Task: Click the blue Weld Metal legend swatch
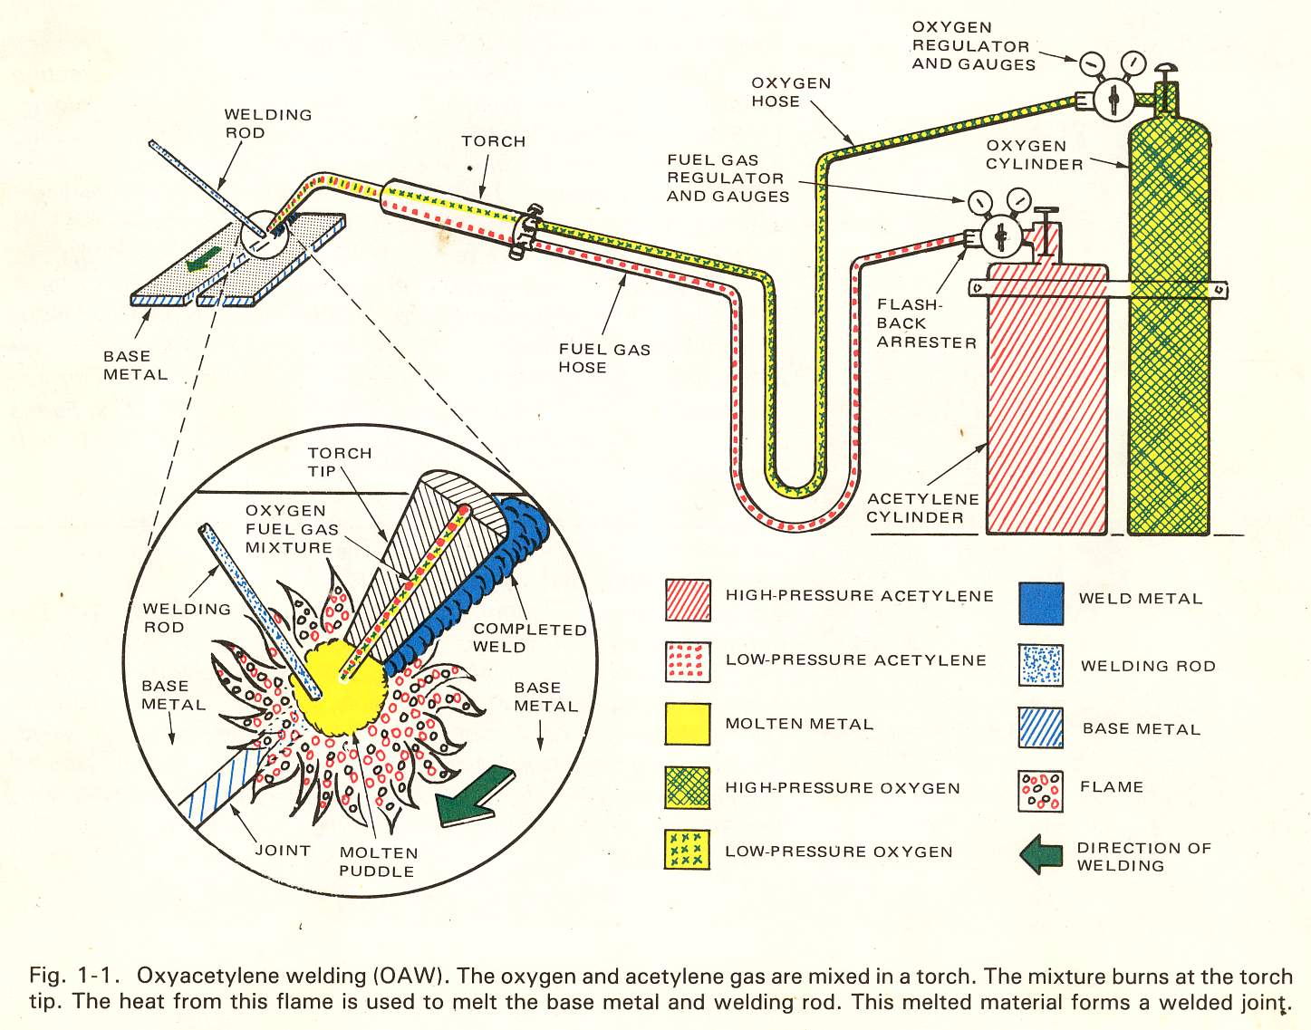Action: click(x=1041, y=603)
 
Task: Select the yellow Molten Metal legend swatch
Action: click(x=688, y=724)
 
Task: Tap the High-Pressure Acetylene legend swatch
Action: click(x=688, y=601)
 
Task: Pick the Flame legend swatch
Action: click(x=1040, y=791)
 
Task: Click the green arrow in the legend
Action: click(x=1042, y=854)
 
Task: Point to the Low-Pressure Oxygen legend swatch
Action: click(x=688, y=850)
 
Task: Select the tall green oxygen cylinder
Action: click(x=1169, y=344)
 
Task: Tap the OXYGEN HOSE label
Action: click(x=790, y=92)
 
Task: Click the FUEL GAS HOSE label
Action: click(x=603, y=358)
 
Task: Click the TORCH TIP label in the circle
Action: click(x=339, y=462)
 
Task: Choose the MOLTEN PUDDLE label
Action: click(x=378, y=862)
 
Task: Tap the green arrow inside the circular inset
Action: click(x=473, y=796)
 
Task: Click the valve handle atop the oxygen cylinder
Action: click(x=1164, y=70)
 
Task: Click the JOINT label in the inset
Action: click(x=283, y=850)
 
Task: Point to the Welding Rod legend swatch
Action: click(x=1040, y=666)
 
